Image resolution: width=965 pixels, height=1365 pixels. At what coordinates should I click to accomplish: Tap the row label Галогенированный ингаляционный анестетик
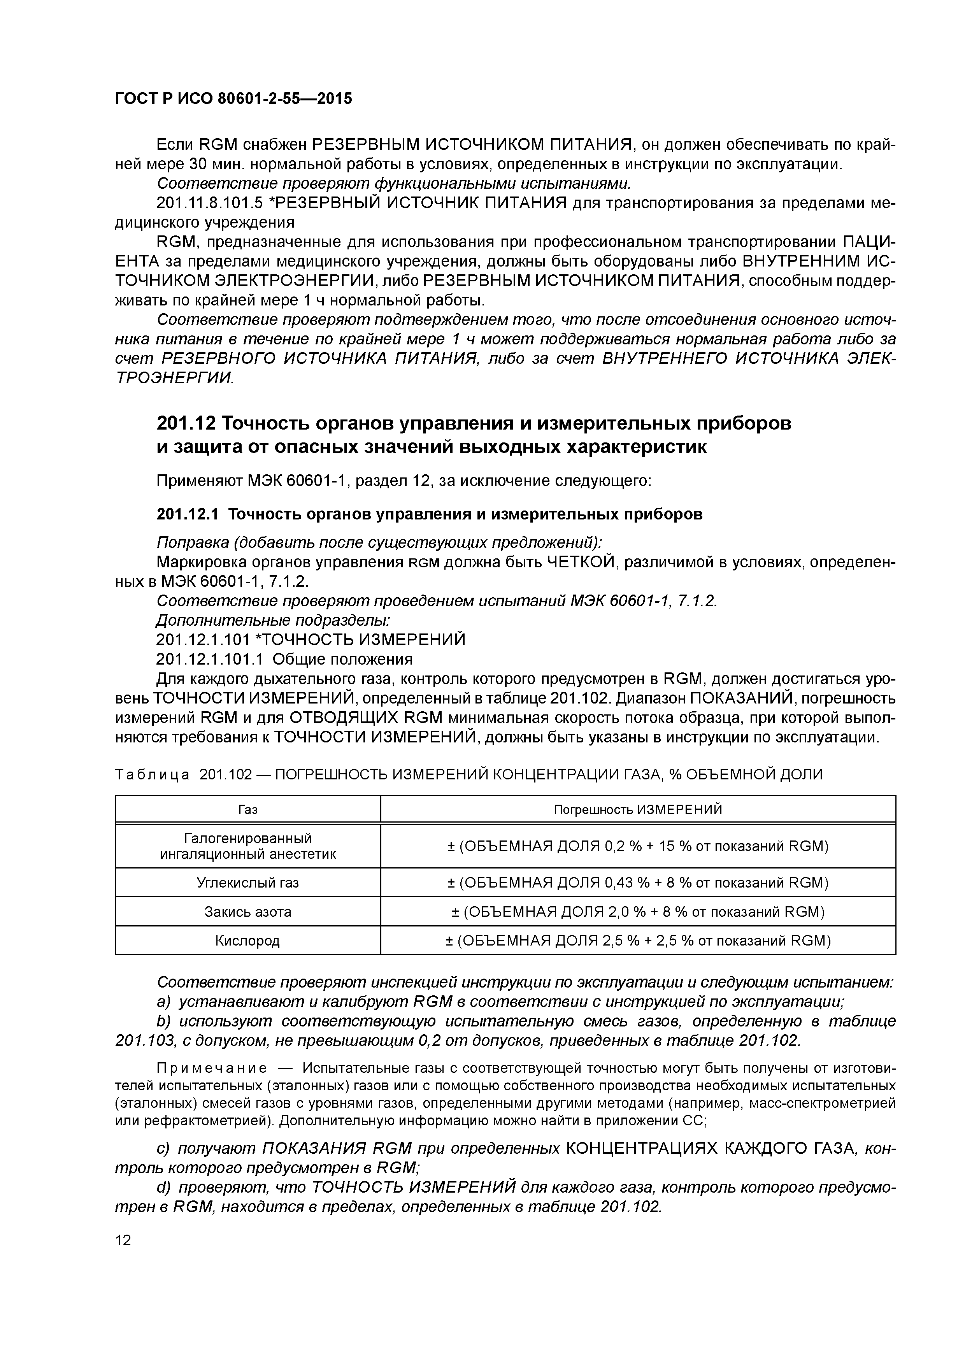247,846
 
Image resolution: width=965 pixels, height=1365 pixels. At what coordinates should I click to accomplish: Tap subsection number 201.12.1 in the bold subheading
187,514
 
